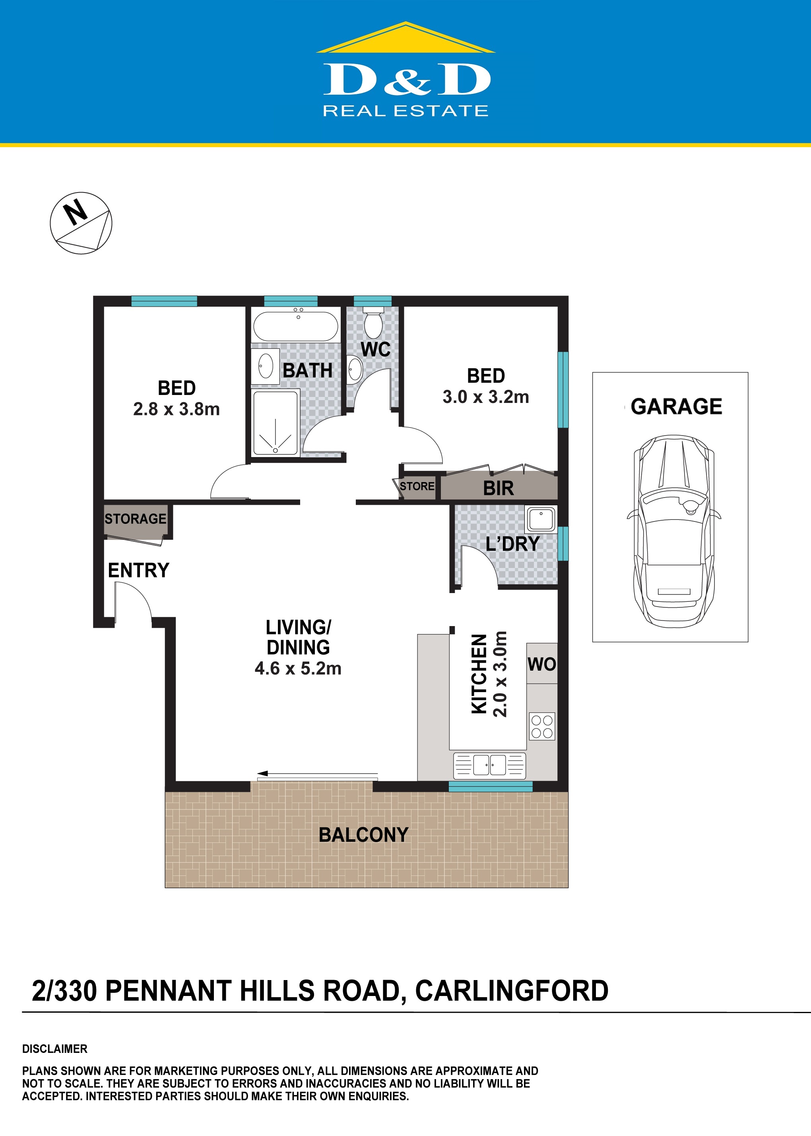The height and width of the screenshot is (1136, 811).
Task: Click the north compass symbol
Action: (x=81, y=223)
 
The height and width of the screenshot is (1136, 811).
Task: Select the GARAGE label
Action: (x=676, y=406)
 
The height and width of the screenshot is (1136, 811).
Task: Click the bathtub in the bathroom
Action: (x=296, y=327)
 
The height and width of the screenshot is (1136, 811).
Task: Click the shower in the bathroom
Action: (x=276, y=424)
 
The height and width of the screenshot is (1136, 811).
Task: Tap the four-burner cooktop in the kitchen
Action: (x=542, y=726)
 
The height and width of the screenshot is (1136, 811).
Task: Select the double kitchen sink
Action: (x=489, y=765)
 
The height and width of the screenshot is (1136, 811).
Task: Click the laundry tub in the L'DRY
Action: (x=540, y=519)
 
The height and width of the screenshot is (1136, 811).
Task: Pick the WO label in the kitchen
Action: (x=542, y=664)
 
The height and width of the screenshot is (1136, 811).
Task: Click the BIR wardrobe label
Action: (x=499, y=488)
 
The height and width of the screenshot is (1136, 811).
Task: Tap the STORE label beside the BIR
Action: (x=417, y=486)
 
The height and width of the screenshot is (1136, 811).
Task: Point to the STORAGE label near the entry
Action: (x=135, y=519)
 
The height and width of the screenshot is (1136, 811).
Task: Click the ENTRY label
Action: (x=139, y=570)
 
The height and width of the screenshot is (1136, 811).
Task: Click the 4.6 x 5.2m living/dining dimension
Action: (x=298, y=668)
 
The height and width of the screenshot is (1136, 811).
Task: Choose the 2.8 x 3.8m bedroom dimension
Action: (x=176, y=409)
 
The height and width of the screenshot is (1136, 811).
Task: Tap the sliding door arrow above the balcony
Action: (x=318, y=774)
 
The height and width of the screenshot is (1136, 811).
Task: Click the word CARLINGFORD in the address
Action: (x=512, y=991)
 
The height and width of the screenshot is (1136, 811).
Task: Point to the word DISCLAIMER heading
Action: (x=55, y=1049)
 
